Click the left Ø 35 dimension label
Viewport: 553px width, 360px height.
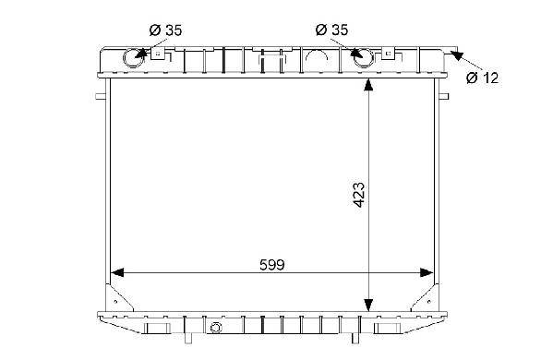point(165,30)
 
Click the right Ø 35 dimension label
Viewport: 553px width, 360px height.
point(331,30)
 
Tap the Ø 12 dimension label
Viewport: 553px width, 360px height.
point(482,78)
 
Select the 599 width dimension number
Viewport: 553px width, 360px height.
point(272,265)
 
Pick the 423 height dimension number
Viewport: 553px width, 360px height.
point(359,195)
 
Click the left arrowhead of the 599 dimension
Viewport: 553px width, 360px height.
point(117,272)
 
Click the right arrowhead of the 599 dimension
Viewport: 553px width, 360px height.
point(427,272)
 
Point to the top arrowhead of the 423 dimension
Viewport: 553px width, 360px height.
point(368,85)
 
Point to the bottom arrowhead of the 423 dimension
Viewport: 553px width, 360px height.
point(368,305)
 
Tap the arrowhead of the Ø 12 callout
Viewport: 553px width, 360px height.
point(457,55)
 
